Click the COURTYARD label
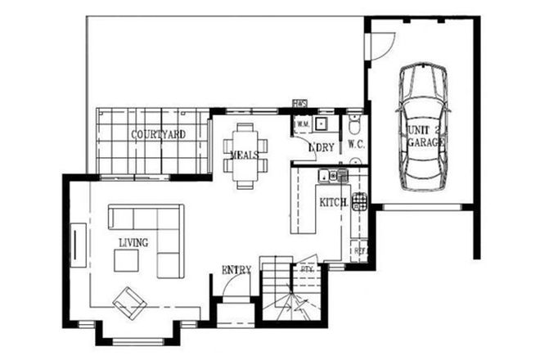[158, 133]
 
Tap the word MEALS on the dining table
[245, 154]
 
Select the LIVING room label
[133, 242]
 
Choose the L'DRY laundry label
[321, 147]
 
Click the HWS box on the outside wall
[300, 104]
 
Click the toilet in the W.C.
[353, 125]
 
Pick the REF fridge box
[358, 246]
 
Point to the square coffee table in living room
[126, 260]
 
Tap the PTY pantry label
[308, 268]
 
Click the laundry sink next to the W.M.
[322, 124]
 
